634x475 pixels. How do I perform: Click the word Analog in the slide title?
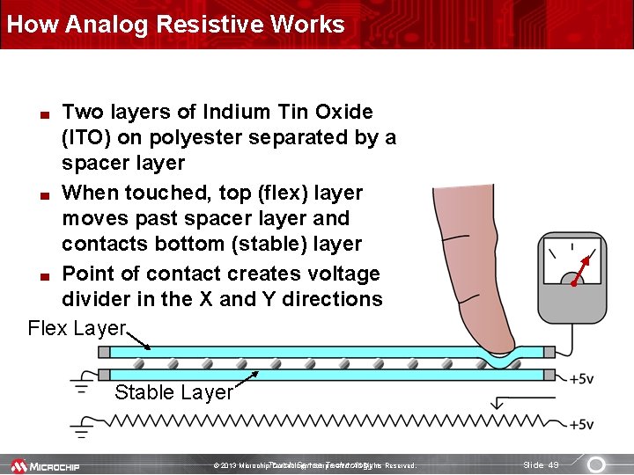coord(114,24)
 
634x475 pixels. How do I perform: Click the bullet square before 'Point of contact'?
coord(42,275)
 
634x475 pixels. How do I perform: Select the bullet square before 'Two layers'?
coord(42,113)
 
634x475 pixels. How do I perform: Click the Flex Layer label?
coord(77,328)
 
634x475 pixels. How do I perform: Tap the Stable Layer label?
coord(173,392)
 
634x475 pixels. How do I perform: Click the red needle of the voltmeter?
coord(583,270)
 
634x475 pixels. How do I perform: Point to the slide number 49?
coord(541,464)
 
